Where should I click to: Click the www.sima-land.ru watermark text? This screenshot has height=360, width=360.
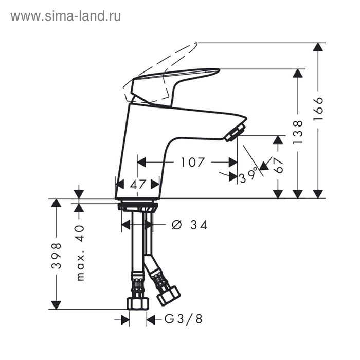[x=65, y=16]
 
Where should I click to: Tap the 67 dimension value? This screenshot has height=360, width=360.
[x=278, y=166]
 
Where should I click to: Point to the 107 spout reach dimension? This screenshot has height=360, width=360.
[x=192, y=163]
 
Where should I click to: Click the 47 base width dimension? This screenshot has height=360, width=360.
[x=137, y=184]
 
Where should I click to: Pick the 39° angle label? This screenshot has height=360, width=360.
[x=248, y=176]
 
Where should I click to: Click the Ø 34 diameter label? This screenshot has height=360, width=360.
[x=189, y=225]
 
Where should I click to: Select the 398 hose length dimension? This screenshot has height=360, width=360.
[x=56, y=255]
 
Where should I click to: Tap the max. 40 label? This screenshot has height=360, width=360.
[x=80, y=252]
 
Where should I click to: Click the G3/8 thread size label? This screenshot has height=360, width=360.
[x=183, y=319]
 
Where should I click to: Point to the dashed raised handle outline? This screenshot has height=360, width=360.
[x=170, y=57]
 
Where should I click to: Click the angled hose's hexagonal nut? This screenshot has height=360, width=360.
[x=168, y=295]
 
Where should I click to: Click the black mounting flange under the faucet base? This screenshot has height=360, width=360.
[x=137, y=206]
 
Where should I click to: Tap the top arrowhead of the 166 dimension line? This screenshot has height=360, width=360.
[x=318, y=47]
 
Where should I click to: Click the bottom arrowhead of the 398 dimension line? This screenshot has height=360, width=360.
[x=56, y=304]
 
